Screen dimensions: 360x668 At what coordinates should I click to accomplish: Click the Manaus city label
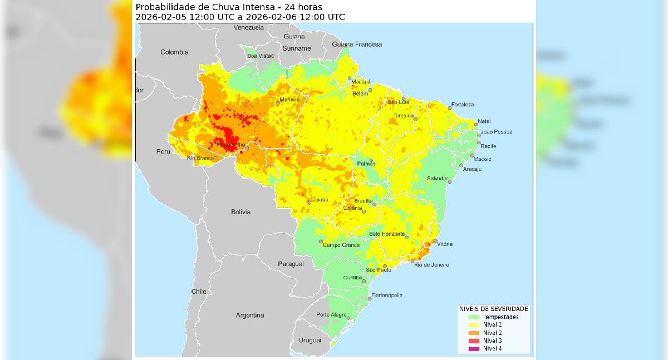[289, 100]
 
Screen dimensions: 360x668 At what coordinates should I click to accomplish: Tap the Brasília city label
[364, 200]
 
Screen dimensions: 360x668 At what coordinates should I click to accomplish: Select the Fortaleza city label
[463, 105]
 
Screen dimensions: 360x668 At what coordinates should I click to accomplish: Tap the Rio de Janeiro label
[431, 265]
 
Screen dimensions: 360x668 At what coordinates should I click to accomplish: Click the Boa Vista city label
[259, 56]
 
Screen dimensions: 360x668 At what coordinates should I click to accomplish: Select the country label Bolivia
[240, 212]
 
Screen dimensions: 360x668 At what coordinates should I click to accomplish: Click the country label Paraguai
[291, 263]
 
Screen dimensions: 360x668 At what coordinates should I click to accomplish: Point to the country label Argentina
[250, 315]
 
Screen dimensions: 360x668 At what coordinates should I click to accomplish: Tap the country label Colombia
[174, 52]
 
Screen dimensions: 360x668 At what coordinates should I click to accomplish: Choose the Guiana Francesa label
[357, 44]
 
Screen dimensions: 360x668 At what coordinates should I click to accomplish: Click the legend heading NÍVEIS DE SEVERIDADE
[493, 308]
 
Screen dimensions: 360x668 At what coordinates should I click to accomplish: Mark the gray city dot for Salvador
[450, 180]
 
